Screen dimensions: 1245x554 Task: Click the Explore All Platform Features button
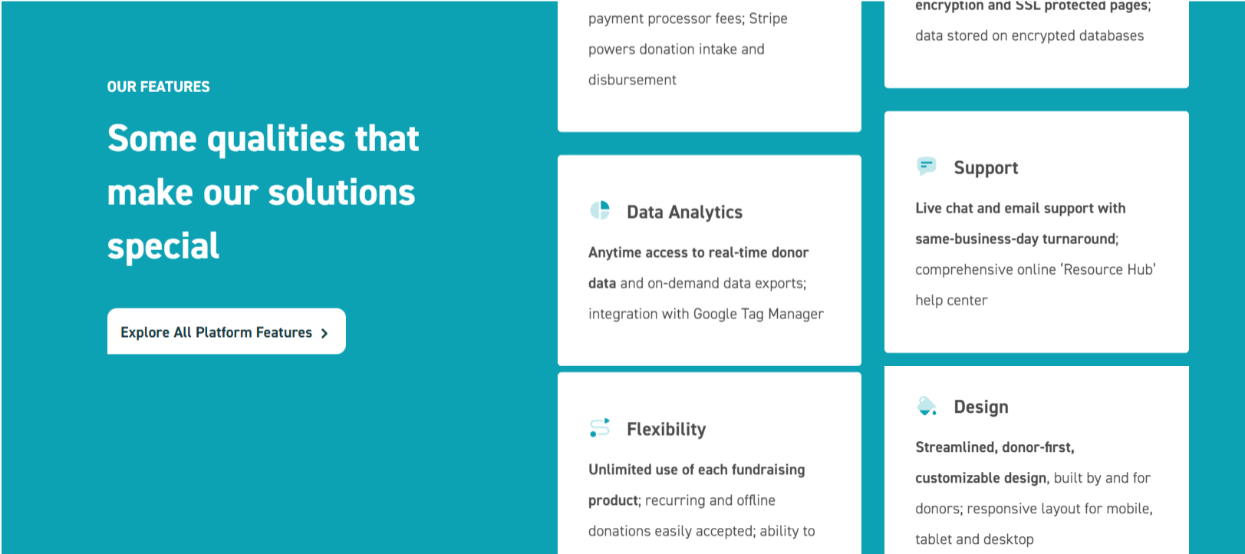pos(226,331)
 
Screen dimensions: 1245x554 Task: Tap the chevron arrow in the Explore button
pos(324,333)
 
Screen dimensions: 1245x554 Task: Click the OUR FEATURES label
pos(158,87)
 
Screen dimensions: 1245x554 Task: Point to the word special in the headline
pos(163,246)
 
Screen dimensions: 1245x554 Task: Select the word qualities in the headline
pos(276,139)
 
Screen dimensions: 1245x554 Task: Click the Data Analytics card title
pos(685,212)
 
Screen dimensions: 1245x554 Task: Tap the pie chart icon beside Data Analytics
pos(600,211)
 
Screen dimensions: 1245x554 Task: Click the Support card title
pos(986,168)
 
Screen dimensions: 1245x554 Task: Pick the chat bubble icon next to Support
pos(927,166)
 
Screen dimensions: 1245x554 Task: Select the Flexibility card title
pos(667,430)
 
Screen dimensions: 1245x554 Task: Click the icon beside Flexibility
pos(600,427)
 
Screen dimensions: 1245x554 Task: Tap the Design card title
pos(981,407)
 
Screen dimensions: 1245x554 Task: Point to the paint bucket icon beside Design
pos(927,406)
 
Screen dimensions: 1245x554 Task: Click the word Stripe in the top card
pos(768,19)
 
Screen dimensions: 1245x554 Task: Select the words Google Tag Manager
pos(759,315)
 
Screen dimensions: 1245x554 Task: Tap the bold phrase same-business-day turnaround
pos(1016,239)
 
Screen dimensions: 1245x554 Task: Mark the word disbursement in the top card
pos(633,80)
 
